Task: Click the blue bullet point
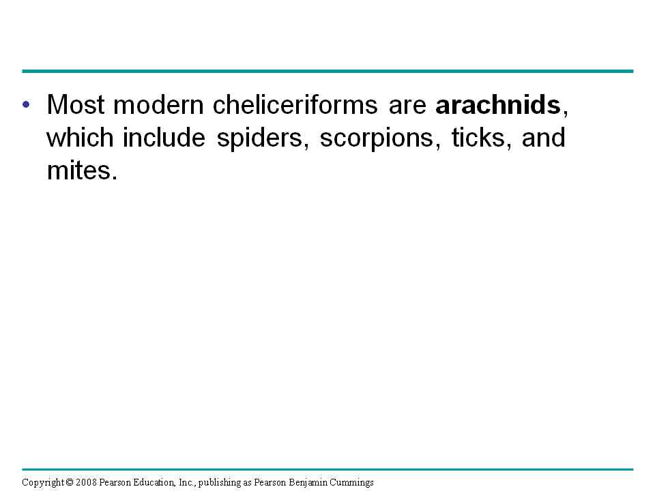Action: (26, 104)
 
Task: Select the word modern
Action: (158, 104)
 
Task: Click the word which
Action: (80, 137)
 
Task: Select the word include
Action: (164, 137)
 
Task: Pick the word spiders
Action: (259, 138)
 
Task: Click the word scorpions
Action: (377, 139)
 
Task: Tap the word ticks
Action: (478, 137)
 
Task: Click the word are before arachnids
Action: (407, 106)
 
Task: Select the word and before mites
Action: (544, 137)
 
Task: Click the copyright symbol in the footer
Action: (70, 482)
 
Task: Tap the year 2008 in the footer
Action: (86, 482)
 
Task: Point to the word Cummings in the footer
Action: (351, 483)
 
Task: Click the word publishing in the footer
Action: (219, 483)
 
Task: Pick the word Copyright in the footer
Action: (43, 483)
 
